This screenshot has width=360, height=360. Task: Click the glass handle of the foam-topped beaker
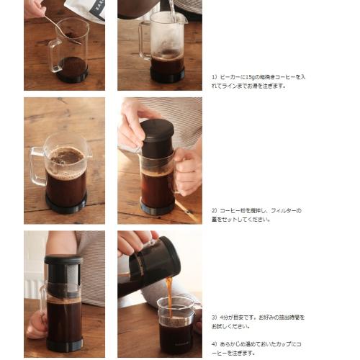pyautogui.click(x=37, y=166)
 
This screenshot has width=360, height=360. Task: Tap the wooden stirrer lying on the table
pyautogui.click(x=186, y=210)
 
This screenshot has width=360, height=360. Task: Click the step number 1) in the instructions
pyautogui.click(x=214, y=76)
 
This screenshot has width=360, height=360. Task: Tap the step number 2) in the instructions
pyautogui.click(x=214, y=211)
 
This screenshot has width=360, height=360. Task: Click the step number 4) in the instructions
pyautogui.click(x=214, y=345)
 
